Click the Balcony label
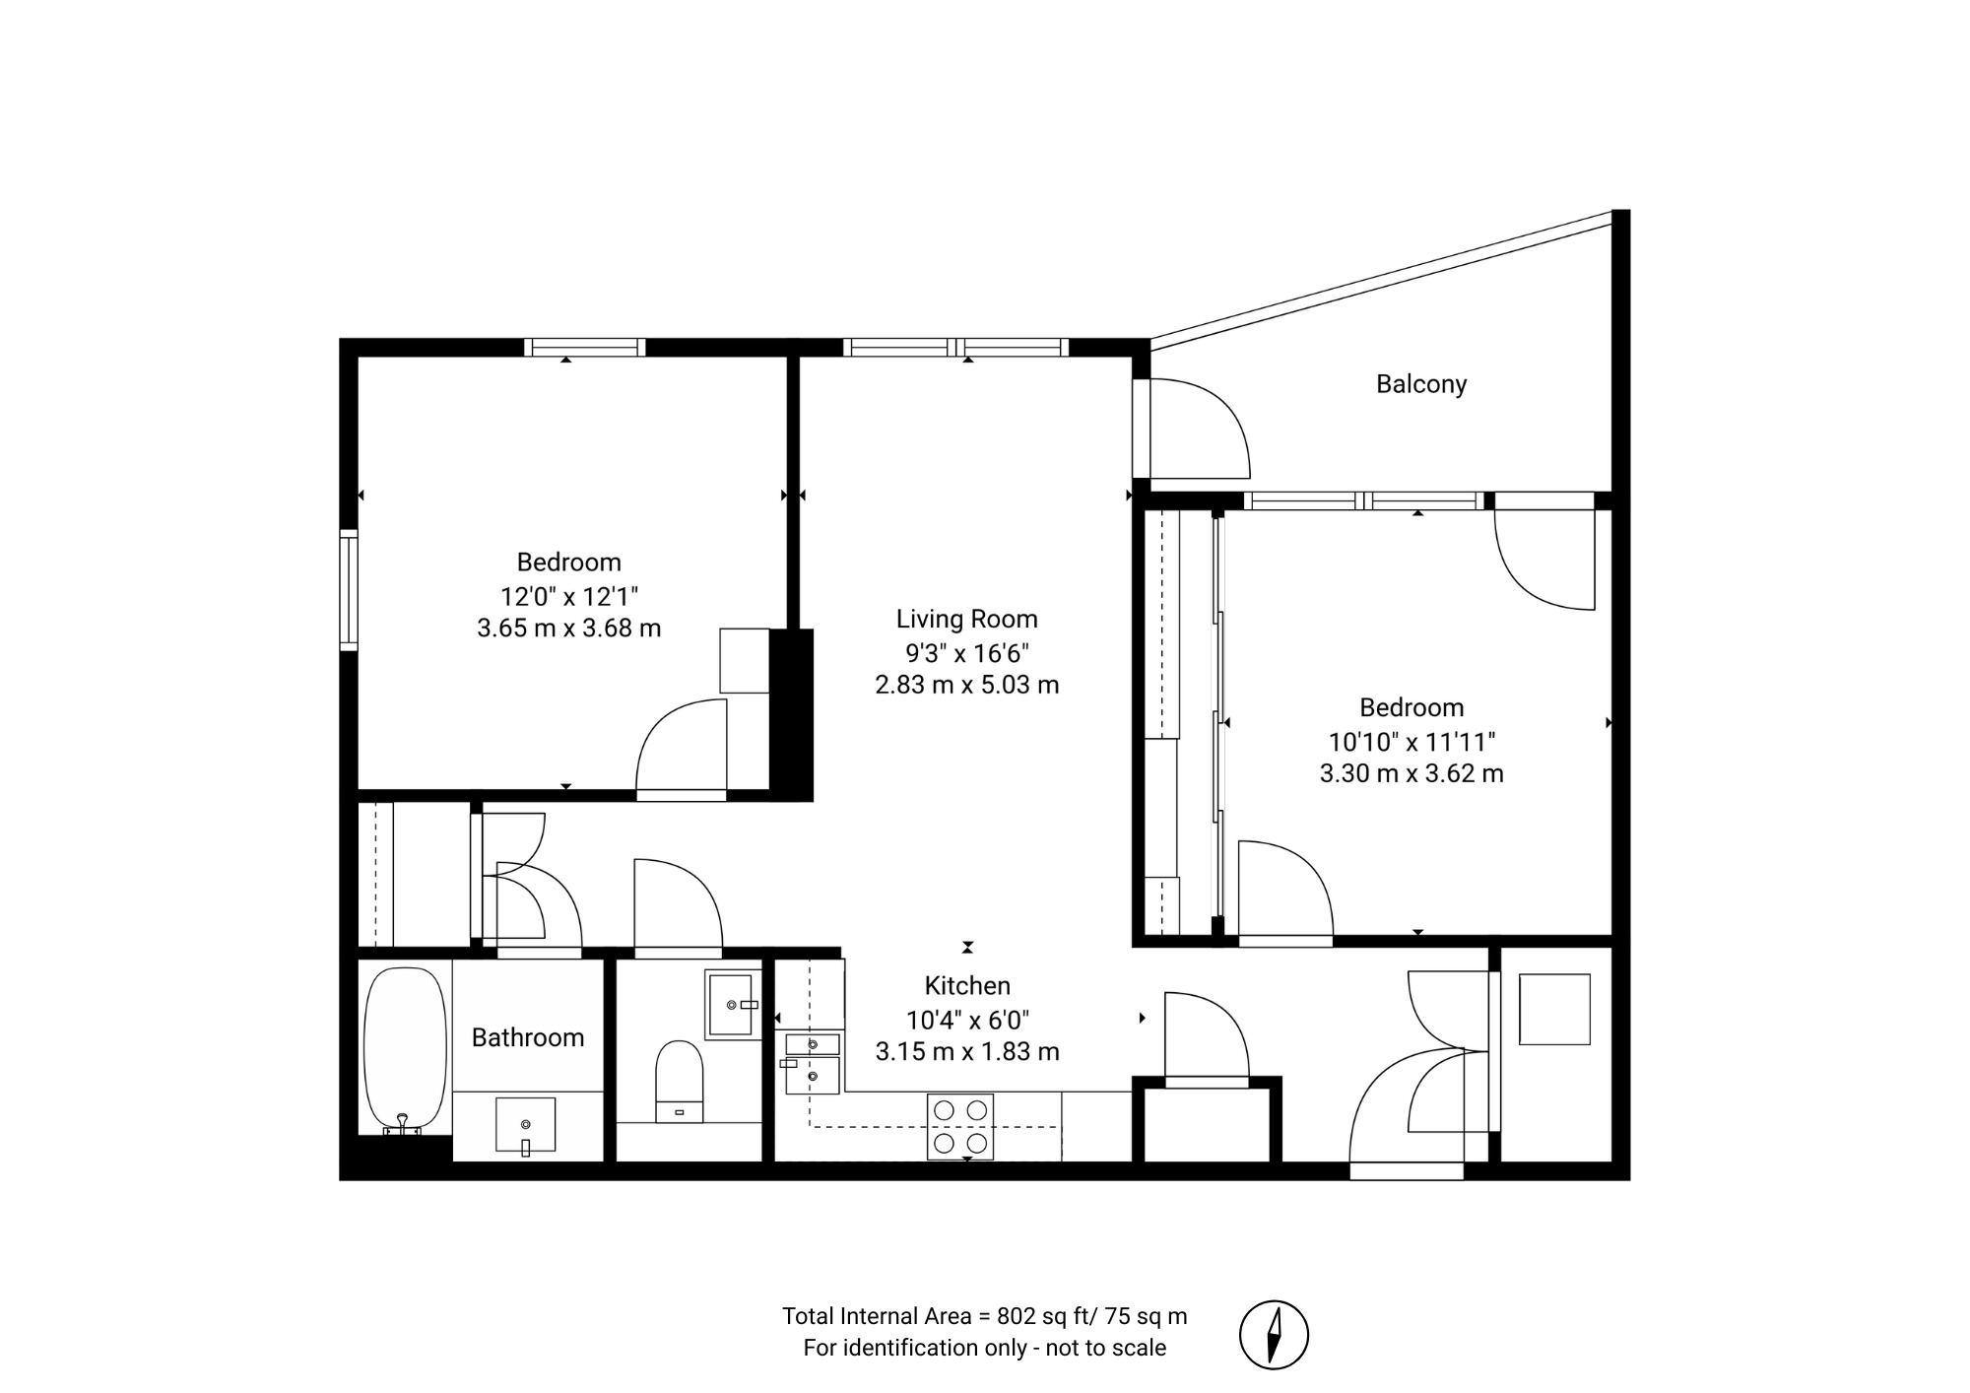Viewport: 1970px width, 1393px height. pos(1421,384)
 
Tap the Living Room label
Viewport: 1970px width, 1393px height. pos(966,619)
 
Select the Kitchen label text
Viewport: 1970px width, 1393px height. pos(967,985)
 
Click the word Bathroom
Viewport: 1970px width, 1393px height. pos(528,1037)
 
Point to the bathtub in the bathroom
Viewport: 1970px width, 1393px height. pos(405,1050)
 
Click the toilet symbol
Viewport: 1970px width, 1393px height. pos(680,1081)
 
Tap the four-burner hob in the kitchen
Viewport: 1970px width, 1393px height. pos(960,1126)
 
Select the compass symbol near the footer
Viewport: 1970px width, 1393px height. pos(1274,1335)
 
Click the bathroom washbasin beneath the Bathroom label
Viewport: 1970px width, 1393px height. pos(525,1125)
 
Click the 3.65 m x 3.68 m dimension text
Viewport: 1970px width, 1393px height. pos(569,628)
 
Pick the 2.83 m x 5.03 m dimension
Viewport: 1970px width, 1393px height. pos(967,685)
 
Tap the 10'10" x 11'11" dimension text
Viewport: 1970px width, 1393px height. pos(1412,741)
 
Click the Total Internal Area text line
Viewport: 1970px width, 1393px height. pos(985,1316)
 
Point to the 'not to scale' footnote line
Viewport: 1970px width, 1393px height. pos(985,1348)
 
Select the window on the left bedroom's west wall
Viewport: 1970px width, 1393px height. pos(349,590)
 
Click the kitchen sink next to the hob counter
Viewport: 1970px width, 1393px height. pos(813,1063)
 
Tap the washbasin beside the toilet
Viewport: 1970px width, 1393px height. pos(733,1005)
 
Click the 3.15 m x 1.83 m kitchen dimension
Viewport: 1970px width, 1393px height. pos(967,1052)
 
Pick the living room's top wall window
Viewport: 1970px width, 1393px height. pos(955,347)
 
